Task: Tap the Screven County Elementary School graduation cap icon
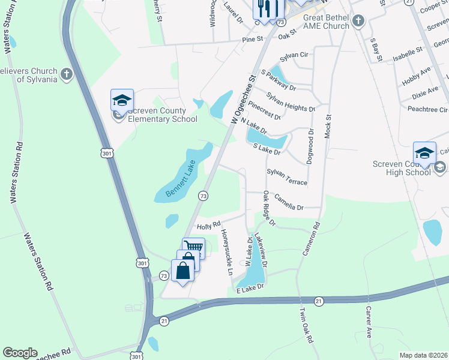pos(122,101)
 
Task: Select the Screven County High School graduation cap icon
pos(424,152)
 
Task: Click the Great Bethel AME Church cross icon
pos(358,22)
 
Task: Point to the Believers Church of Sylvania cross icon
pos(66,75)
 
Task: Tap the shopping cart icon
pos(193,247)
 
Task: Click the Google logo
pos(20,353)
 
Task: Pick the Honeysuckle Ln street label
pos(227,252)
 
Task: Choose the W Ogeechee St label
pos(244,100)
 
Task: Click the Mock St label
pos(328,125)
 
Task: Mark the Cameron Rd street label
pos(311,238)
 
